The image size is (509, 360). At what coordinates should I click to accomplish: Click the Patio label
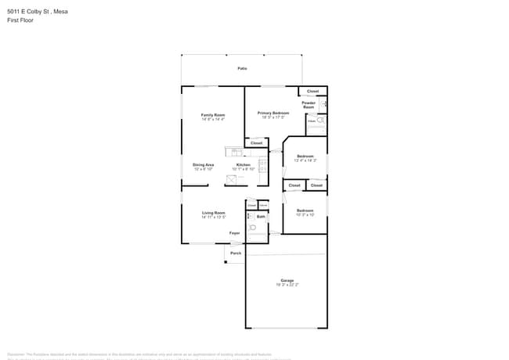tap(243, 69)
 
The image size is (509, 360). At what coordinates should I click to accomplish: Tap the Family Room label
tap(213, 115)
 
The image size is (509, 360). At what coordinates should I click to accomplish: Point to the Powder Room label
tap(309, 105)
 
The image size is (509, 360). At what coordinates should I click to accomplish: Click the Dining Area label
tap(204, 164)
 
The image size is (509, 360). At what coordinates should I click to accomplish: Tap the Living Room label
tap(214, 213)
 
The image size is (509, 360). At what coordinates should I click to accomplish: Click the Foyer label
tap(234, 233)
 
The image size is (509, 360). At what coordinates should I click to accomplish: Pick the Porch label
tap(236, 253)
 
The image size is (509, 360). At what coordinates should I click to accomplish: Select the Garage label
tap(287, 280)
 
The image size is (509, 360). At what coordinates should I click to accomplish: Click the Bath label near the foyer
tap(261, 216)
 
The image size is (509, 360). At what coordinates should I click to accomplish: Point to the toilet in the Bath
tap(252, 228)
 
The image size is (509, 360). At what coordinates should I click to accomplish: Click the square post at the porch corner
tap(226, 261)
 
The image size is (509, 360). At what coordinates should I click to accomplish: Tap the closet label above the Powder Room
tap(312, 92)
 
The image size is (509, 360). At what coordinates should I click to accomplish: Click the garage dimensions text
tap(287, 285)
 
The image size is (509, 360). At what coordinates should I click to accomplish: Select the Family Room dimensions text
tap(213, 120)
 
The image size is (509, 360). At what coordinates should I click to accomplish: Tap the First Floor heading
tap(21, 20)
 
